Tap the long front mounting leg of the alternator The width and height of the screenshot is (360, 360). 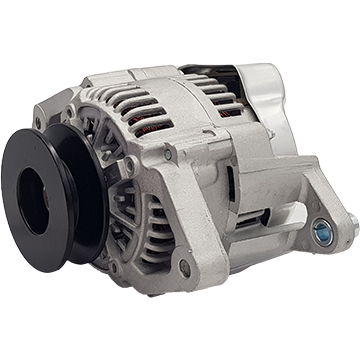pos(200,225)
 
